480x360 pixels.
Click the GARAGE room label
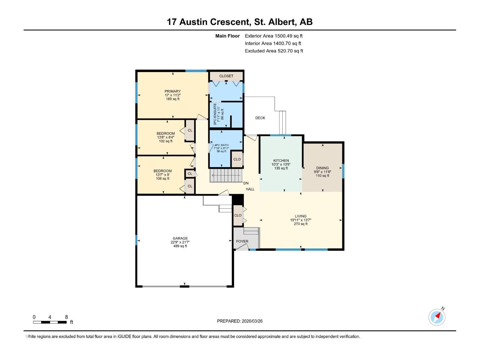[x=180, y=238]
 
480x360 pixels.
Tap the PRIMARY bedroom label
[x=172, y=91]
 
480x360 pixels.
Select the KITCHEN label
[x=281, y=160]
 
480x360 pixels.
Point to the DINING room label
[x=322, y=168]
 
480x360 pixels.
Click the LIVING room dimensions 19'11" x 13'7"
[x=300, y=220]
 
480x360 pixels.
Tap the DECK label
[x=260, y=118]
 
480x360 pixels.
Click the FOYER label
[x=242, y=241]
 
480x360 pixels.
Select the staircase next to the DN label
[x=226, y=175]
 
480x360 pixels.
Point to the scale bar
[x=50, y=322]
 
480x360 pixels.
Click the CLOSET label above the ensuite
[x=226, y=76]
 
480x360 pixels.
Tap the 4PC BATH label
[x=221, y=145]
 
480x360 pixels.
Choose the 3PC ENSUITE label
[x=215, y=114]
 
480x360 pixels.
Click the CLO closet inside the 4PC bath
[x=237, y=159]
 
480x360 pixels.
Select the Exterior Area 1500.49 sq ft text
[x=274, y=36]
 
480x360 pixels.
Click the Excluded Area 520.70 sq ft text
[x=274, y=51]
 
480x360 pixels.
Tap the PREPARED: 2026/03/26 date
[x=240, y=321]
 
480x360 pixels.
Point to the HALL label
[x=250, y=189]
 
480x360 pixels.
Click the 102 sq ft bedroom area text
[x=165, y=141]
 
